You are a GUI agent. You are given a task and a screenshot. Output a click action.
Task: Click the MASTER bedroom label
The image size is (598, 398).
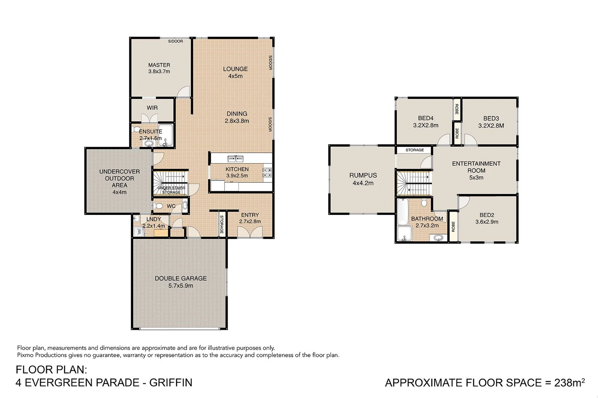(159, 68)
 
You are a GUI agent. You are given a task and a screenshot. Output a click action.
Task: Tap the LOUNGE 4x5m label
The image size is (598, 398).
(235, 72)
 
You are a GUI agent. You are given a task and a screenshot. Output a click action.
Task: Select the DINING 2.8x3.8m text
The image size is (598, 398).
(237, 117)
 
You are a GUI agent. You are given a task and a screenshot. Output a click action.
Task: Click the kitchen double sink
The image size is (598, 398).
(236, 159)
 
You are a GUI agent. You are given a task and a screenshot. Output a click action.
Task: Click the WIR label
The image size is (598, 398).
(152, 108)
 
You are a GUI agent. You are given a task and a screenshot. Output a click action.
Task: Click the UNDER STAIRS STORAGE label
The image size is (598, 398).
(171, 190)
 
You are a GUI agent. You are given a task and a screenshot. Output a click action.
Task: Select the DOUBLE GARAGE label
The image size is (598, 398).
(181, 282)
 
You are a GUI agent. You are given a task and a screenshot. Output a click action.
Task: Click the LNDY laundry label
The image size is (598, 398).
(154, 223)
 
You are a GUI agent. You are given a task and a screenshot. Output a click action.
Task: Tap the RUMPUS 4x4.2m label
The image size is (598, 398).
(363, 179)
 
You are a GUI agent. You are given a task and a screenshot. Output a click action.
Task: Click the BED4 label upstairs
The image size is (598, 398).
(426, 122)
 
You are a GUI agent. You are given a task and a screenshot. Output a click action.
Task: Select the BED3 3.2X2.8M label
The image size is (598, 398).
(491, 122)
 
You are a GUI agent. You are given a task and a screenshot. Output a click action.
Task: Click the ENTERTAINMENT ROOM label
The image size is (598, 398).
(476, 170)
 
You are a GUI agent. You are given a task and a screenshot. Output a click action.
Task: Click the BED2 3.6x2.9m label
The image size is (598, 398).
(487, 218)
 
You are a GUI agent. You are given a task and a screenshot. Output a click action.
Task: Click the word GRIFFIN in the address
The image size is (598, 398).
(171, 383)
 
